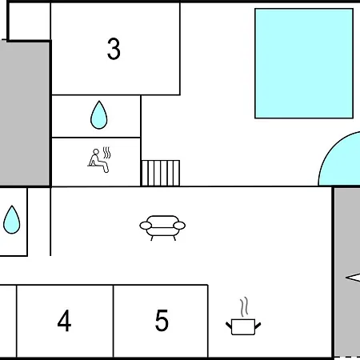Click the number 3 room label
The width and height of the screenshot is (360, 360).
coord(114,49)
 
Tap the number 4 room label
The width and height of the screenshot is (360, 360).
coord(64,321)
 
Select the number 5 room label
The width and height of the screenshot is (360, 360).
coord(162,320)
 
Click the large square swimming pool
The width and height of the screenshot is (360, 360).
coord(304,63)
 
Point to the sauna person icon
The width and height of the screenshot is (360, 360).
coord(98,161)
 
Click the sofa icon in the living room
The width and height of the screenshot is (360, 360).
coord(162,228)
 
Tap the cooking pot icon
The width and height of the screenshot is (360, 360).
coord(243,326)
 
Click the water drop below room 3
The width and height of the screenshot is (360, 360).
coord(99,115)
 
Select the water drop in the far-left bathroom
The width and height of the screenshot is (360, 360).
coord(12,220)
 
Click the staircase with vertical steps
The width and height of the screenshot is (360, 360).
coord(161,173)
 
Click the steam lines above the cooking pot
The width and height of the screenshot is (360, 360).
coord(244,307)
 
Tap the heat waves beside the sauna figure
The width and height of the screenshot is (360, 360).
coord(107,153)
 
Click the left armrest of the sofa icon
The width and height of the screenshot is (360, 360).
coord(146,226)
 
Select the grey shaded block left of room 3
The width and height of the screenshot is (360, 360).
coord(25,113)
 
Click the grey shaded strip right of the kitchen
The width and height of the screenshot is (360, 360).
coord(347,271)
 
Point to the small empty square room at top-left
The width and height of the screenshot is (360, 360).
coord(30,22)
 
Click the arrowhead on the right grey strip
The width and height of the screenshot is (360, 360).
coord(353,278)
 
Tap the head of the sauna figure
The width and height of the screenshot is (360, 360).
coord(96,152)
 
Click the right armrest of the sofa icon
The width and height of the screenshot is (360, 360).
coord(179,226)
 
